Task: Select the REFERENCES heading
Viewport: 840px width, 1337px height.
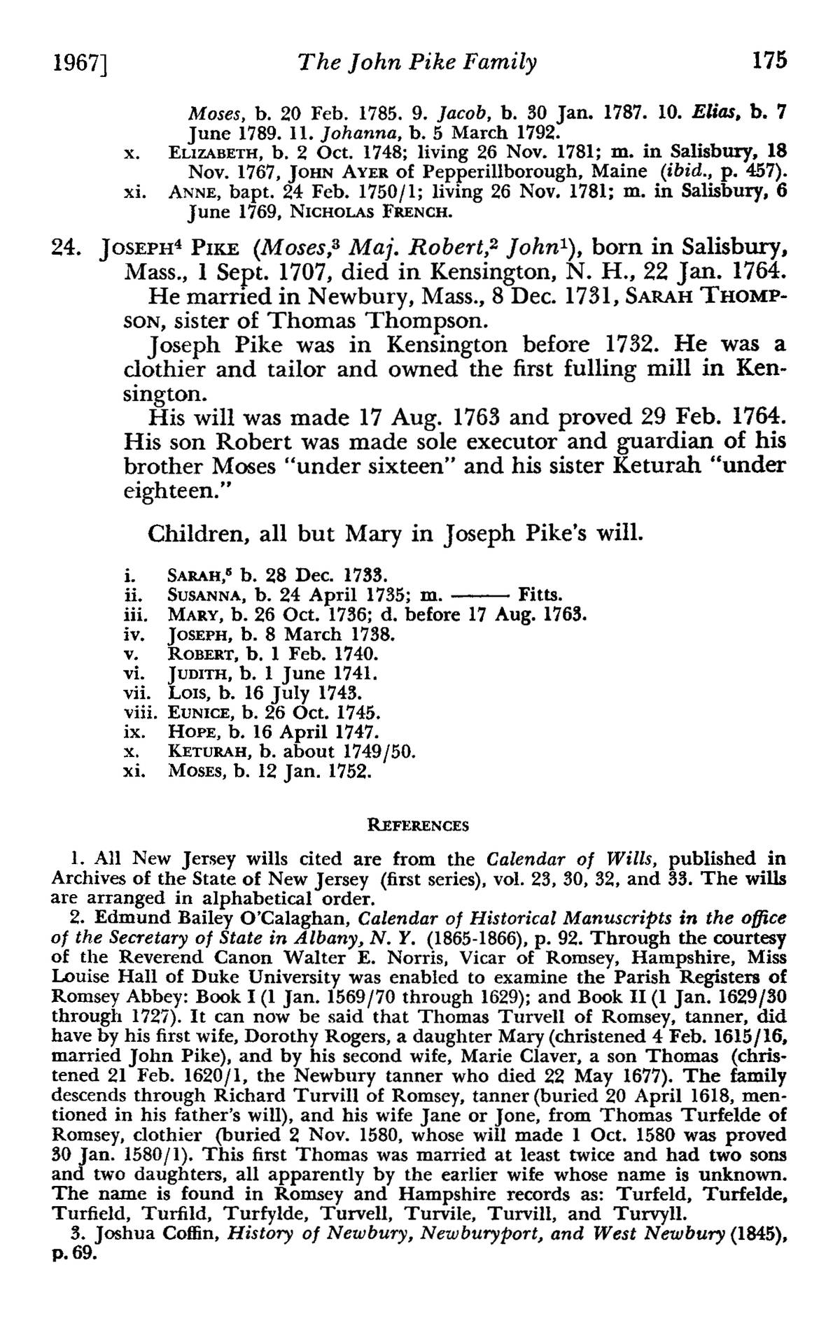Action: (419, 826)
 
